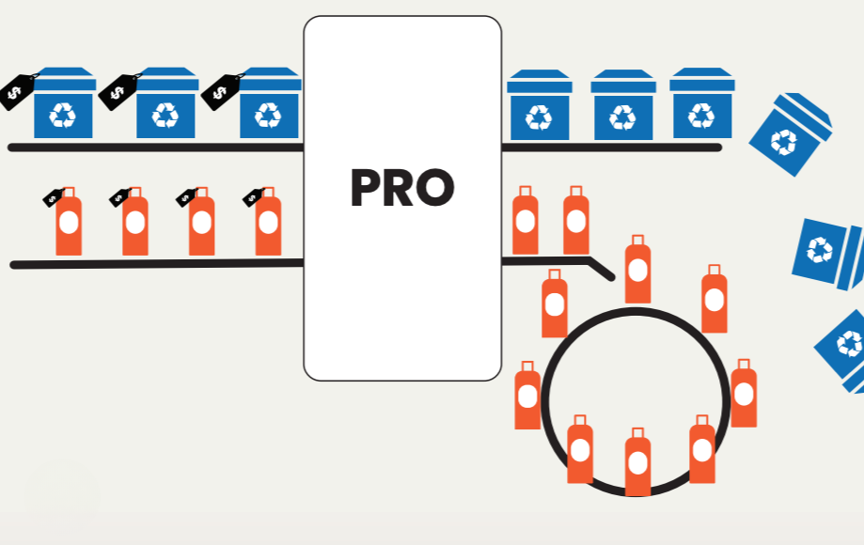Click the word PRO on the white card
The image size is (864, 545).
[402, 188]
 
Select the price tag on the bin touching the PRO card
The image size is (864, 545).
[222, 91]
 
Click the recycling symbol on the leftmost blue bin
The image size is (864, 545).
[62, 115]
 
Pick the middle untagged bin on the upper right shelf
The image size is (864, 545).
[623, 104]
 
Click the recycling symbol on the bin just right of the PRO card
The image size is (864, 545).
[539, 117]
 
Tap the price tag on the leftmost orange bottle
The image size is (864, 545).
[53, 197]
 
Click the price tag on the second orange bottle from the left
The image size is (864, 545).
[119, 197]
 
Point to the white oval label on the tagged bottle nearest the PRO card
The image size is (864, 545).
[268, 223]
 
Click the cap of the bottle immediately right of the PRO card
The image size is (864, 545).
[526, 192]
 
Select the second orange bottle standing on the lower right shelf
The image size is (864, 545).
[575, 220]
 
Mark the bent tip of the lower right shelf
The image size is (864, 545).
[611, 277]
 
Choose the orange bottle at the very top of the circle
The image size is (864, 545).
[637, 269]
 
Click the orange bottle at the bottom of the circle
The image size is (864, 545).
[637, 462]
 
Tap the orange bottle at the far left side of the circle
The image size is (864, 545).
[527, 396]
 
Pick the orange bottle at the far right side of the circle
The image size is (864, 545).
[744, 393]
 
